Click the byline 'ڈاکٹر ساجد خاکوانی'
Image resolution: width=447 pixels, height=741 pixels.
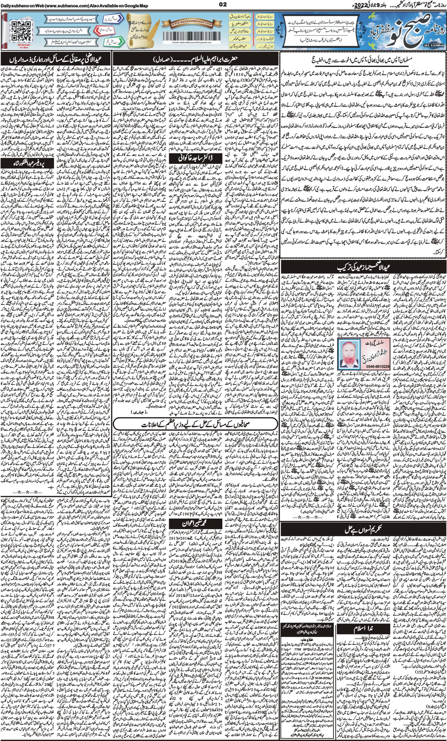[x=196, y=158]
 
